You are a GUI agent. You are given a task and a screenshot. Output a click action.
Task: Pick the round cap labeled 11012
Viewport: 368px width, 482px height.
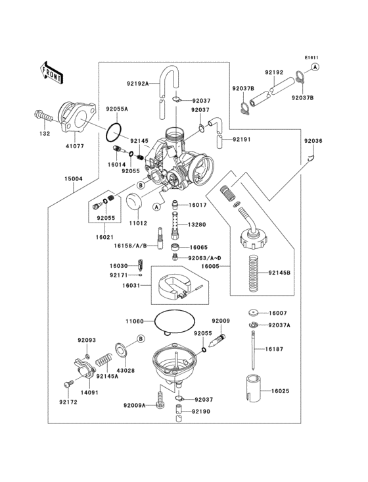coord(135,202)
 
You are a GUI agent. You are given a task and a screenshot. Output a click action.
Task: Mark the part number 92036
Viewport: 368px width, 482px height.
coord(313,141)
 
